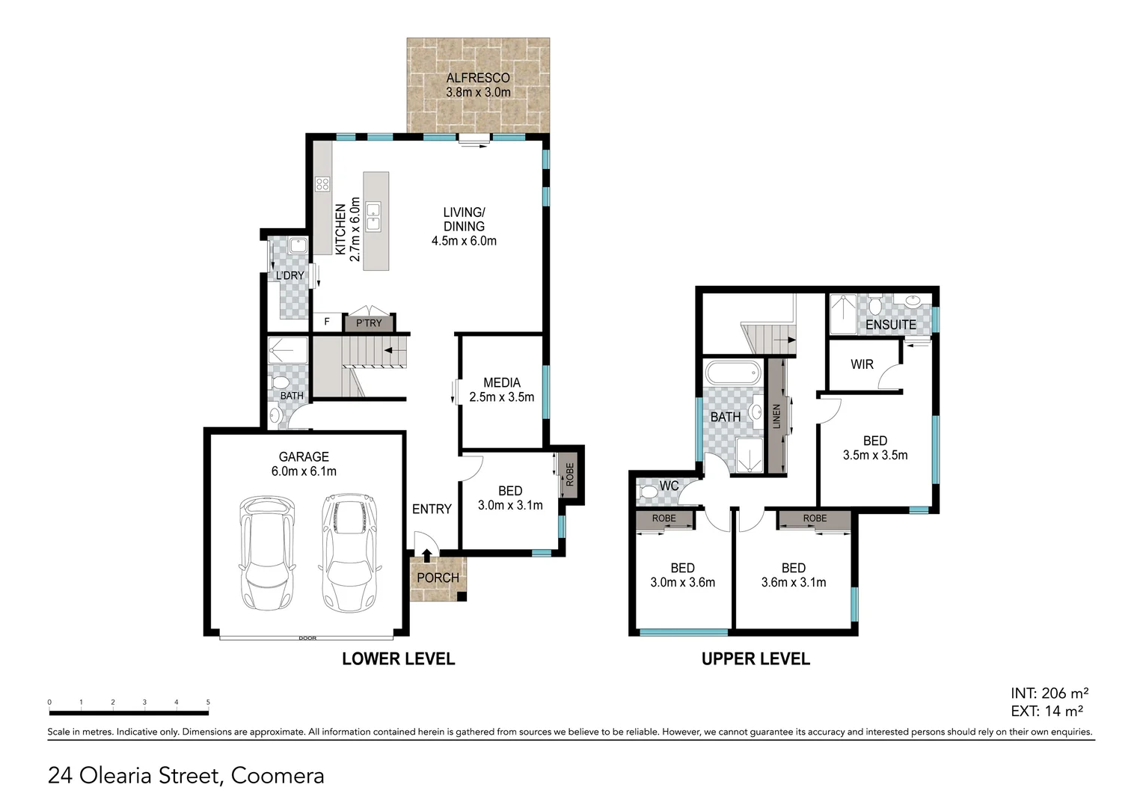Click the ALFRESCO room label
pyautogui.click(x=478, y=78)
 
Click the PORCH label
pyautogui.click(x=438, y=578)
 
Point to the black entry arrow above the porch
pyautogui.click(x=426, y=555)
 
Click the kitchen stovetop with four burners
pyautogui.click(x=322, y=184)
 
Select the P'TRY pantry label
pyautogui.click(x=369, y=323)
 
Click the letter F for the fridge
pyautogui.click(x=326, y=322)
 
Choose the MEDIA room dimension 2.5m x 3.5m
pyautogui.click(x=501, y=397)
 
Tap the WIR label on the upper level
pyautogui.click(x=862, y=364)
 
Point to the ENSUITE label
pyautogui.click(x=890, y=325)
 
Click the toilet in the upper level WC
pyautogui.click(x=647, y=492)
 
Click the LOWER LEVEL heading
pyautogui.click(x=398, y=659)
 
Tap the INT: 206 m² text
pyautogui.click(x=1049, y=694)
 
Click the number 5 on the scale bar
pyautogui.click(x=208, y=703)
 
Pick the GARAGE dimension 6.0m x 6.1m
pyautogui.click(x=304, y=471)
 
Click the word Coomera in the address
pyautogui.click(x=278, y=776)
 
